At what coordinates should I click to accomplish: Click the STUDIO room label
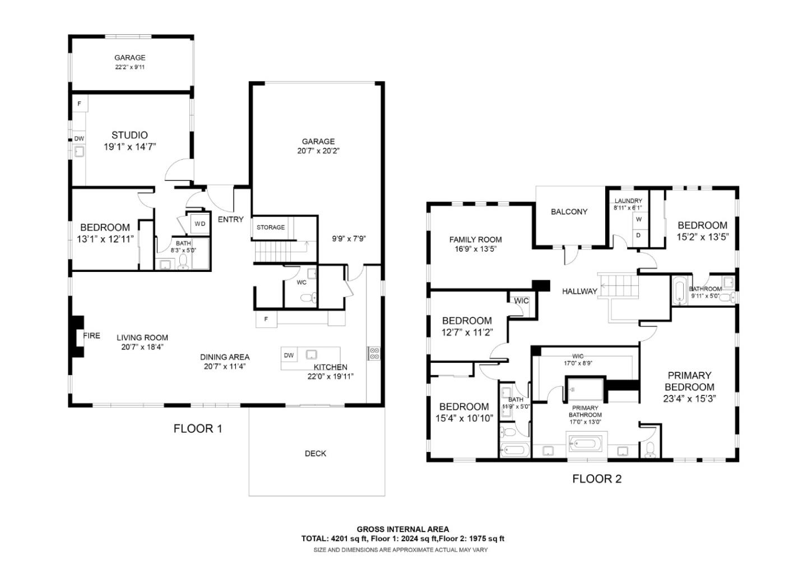tap(129, 135)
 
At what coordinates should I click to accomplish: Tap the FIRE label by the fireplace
tap(91, 335)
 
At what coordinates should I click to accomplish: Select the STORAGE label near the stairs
tap(271, 227)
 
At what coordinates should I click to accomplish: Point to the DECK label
tap(316, 453)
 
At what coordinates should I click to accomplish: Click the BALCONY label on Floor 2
tap(569, 211)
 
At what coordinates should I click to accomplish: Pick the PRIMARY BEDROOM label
tap(689, 381)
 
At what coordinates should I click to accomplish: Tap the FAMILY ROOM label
tap(475, 239)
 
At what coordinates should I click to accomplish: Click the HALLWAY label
tap(579, 291)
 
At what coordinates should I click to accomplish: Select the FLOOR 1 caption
tap(198, 429)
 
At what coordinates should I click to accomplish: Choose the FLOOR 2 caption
tap(597, 479)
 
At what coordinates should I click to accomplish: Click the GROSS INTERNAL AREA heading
tap(403, 529)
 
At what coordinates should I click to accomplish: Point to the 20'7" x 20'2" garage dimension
tap(318, 151)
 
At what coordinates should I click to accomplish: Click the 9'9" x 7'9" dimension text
tap(349, 238)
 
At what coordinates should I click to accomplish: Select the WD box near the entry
tap(200, 224)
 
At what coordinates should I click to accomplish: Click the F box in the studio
tap(79, 104)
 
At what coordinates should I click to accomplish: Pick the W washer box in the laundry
tap(638, 219)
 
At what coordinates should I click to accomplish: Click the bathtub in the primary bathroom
tap(585, 445)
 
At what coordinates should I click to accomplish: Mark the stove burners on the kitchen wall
tap(374, 353)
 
